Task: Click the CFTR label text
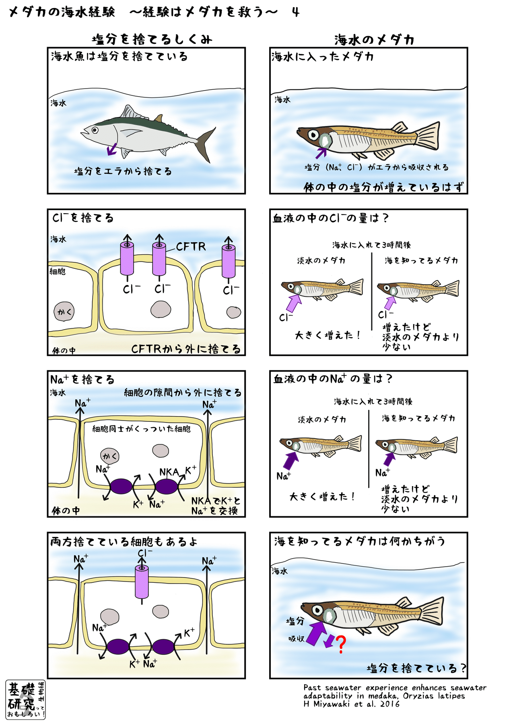(x=191, y=246)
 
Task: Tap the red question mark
(x=340, y=644)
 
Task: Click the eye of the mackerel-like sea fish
(x=95, y=130)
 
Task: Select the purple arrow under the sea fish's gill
(x=112, y=149)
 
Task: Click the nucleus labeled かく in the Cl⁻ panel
(x=64, y=311)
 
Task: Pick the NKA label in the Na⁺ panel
(x=169, y=472)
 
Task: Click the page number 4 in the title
(x=296, y=12)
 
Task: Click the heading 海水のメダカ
(x=374, y=40)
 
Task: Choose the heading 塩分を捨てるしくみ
(x=152, y=39)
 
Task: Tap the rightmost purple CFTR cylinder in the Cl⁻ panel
(x=229, y=262)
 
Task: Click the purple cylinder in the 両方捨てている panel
(x=142, y=582)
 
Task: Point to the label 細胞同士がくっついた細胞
(x=141, y=429)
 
